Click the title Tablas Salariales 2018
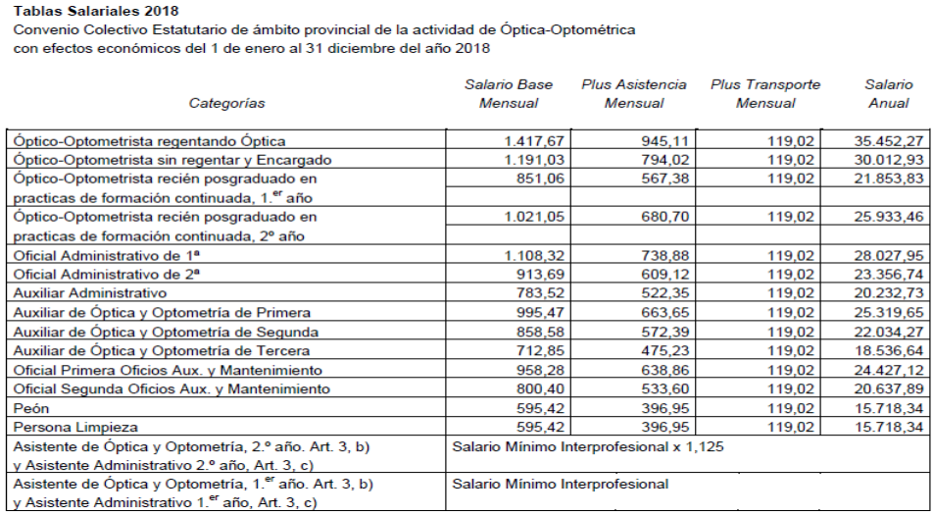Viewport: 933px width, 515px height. (96, 11)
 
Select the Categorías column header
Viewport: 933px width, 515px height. (226, 103)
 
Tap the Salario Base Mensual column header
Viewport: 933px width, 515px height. (508, 94)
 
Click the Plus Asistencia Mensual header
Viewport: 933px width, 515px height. (633, 94)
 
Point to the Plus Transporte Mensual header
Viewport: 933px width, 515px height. (764, 94)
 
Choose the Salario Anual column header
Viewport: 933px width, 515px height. (888, 94)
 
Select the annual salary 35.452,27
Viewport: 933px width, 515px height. (888, 141)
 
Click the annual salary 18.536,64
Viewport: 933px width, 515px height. (888, 350)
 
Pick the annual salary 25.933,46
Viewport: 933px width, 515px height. (888, 216)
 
